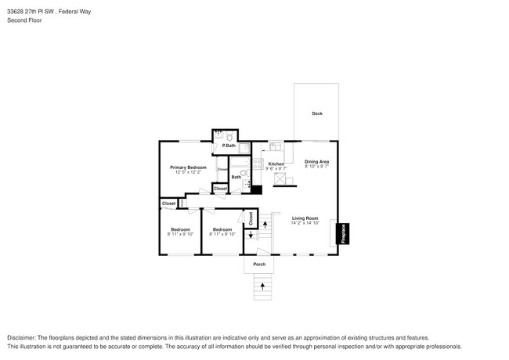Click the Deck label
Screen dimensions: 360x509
pyautogui.click(x=317, y=113)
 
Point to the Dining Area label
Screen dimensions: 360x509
pyautogui.click(x=316, y=162)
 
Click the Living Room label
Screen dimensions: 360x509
pyautogui.click(x=305, y=218)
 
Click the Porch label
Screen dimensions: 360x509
pyautogui.click(x=259, y=265)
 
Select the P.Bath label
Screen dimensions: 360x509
pyautogui.click(x=229, y=146)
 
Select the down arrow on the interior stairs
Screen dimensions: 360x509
pyautogui.click(x=251, y=236)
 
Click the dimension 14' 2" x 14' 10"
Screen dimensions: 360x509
pyautogui.click(x=305, y=224)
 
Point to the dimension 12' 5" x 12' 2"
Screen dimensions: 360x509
pyautogui.click(x=188, y=173)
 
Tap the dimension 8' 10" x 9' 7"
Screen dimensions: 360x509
pyautogui.click(x=316, y=167)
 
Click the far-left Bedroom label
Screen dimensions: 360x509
pyautogui.click(x=180, y=229)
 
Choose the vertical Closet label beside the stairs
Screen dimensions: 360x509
pyautogui.click(x=251, y=218)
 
